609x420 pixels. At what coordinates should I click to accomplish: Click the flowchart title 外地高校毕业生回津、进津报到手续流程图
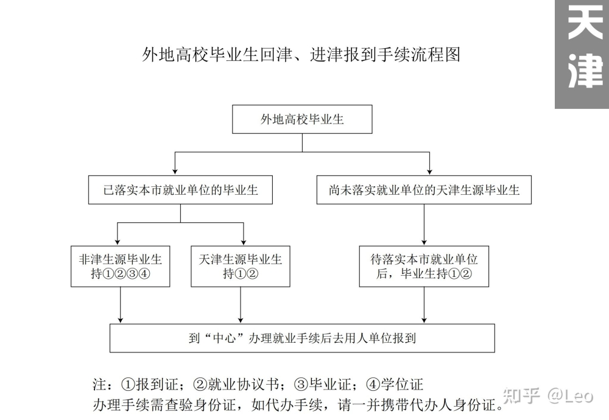pos(301,54)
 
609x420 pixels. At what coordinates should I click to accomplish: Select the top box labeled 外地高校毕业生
pos(302,119)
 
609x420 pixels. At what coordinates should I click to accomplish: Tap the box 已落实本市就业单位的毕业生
pos(181,190)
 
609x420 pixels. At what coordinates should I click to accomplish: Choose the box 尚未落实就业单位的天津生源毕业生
pos(424,190)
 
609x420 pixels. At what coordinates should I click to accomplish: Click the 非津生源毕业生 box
pos(121,266)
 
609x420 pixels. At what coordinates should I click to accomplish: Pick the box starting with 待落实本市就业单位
pos(424,266)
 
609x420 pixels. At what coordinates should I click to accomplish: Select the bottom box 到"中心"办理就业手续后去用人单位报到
pos(302,338)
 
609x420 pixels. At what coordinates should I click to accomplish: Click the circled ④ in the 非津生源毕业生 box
pos(144,274)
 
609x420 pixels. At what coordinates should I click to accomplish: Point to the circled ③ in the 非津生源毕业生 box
pos(132,274)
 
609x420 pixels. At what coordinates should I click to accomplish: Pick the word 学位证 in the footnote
pos(402,384)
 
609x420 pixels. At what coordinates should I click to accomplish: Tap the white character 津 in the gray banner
pos(585,70)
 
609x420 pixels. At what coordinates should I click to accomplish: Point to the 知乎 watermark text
pos(522,395)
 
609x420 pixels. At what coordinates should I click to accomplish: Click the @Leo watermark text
pos(570,396)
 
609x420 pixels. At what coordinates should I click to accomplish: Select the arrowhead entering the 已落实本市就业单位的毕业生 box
pos(175,172)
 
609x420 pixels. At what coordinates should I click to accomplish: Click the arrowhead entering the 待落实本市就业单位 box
pos(424,242)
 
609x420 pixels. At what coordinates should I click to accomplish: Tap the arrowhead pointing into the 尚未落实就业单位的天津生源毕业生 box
pos(429,172)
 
